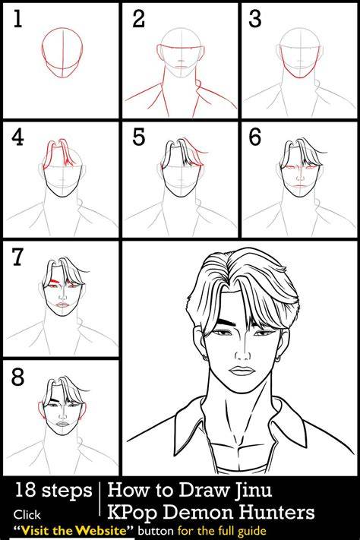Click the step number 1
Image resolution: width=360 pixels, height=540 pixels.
click(x=18, y=19)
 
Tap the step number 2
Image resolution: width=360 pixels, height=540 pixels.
click(x=138, y=19)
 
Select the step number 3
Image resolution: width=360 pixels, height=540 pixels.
click(x=255, y=19)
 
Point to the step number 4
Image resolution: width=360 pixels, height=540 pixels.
click(x=17, y=137)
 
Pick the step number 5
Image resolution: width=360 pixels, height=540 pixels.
click(x=139, y=137)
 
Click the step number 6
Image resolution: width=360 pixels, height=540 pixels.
click(x=255, y=137)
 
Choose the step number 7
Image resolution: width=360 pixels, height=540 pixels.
click(x=17, y=257)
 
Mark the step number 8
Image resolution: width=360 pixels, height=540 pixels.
click(x=17, y=377)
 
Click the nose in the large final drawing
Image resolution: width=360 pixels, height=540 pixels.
click(x=242, y=352)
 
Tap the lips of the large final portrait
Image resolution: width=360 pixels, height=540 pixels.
click(x=242, y=371)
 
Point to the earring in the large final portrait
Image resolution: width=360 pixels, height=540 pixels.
click(x=278, y=360)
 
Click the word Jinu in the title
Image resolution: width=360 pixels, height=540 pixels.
click(x=253, y=489)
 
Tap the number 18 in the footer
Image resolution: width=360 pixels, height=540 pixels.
click(x=25, y=490)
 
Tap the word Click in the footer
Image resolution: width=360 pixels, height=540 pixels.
click(x=27, y=515)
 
